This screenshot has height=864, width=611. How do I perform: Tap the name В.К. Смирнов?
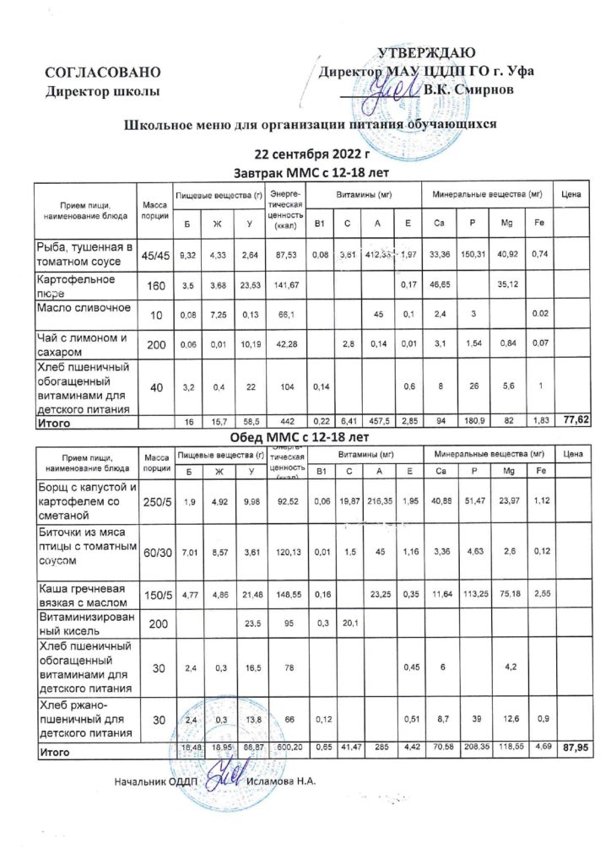coord(467,89)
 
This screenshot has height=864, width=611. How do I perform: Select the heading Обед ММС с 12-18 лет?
coord(300,438)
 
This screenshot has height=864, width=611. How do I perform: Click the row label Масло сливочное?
coord(84,307)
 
